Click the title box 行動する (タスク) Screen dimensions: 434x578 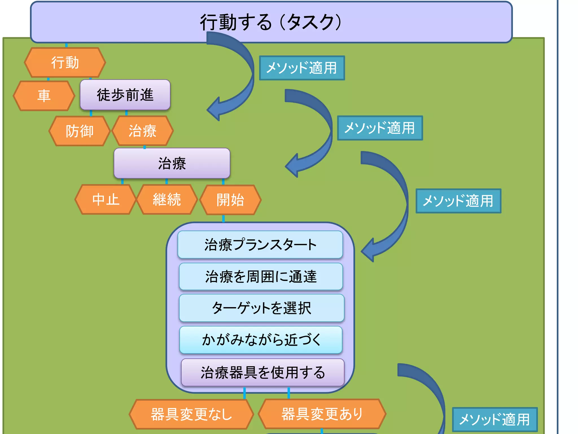(x=271, y=22)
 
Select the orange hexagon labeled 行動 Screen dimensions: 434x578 (x=65, y=62)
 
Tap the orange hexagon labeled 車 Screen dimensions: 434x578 (x=44, y=96)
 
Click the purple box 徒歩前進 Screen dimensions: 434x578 (x=125, y=95)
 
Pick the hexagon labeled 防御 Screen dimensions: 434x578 (x=80, y=131)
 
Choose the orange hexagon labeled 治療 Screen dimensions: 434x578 (x=143, y=131)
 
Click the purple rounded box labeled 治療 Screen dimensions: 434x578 (x=172, y=163)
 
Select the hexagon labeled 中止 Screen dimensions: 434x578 (x=106, y=199)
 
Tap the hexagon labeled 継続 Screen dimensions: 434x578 (x=167, y=199)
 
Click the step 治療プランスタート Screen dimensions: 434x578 (x=260, y=245)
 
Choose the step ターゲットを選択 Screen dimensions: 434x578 (x=261, y=308)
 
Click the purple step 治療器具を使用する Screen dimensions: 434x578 (x=262, y=372)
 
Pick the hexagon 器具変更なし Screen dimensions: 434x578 (x=191, y=414)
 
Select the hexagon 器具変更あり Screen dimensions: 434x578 (x=322, y=414)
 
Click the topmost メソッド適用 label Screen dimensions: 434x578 (x=302, y=68)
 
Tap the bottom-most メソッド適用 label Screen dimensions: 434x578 (x=494, y=419)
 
